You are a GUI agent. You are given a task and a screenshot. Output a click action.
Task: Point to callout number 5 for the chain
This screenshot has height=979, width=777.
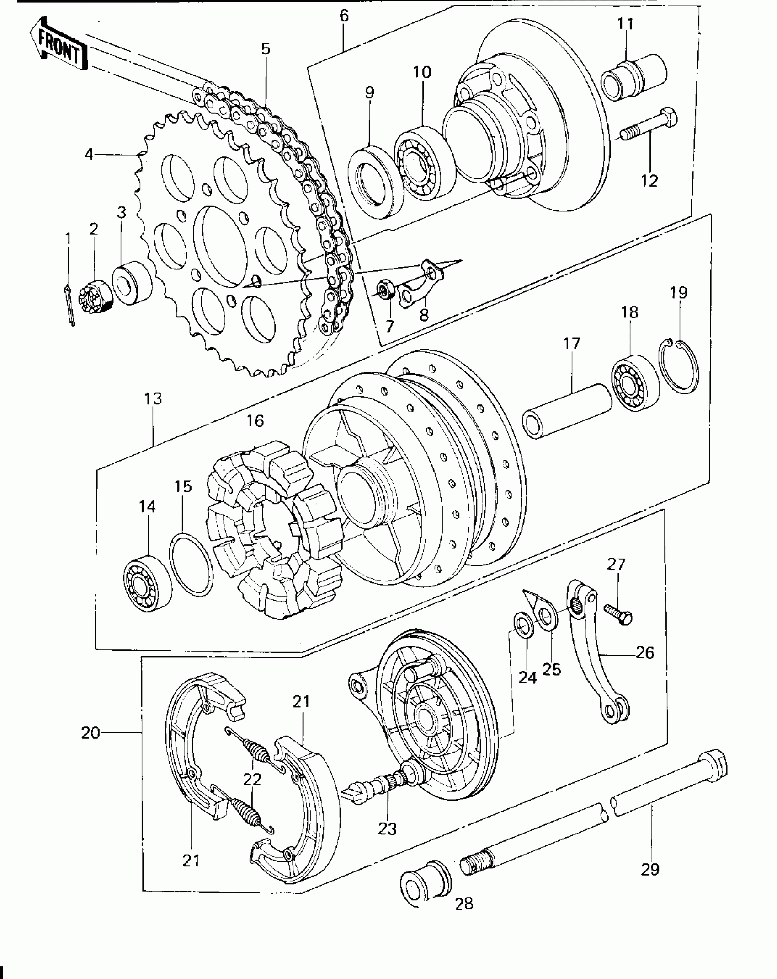(266, 48)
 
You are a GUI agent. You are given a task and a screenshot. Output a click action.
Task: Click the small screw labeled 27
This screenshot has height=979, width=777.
(617, 613)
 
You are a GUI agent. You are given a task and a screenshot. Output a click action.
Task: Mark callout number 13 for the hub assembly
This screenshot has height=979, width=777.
(153, 398)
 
